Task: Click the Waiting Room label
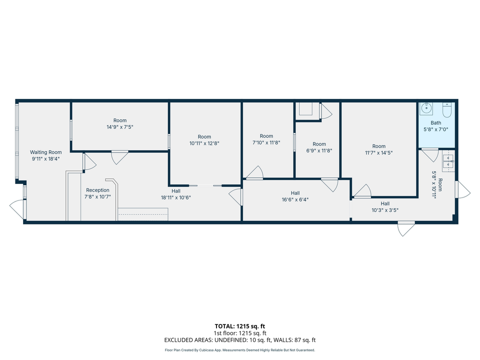[45, 152]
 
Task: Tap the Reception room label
[97, 190]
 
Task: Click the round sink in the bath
[427, 108]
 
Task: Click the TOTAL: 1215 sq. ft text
[240, 326]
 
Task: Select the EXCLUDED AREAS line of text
[240, 340]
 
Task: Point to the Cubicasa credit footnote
[240, 350]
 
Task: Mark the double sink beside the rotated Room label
[449, 161]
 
